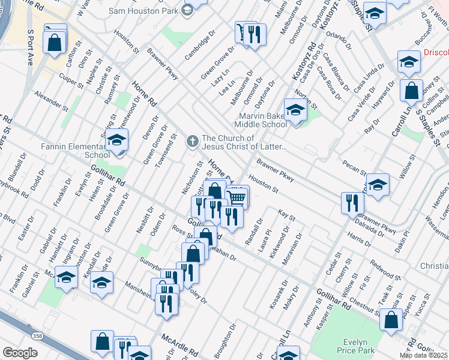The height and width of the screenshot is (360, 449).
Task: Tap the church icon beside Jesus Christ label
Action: (192, 142)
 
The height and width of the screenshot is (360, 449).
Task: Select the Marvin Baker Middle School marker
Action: (295, 111)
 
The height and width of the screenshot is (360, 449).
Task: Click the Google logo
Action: (20, 353)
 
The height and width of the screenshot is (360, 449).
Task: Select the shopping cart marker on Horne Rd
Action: (237, 197)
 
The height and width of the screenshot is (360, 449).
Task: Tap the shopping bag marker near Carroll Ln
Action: (412, 91)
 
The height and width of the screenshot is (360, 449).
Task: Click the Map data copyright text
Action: (423, 355)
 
